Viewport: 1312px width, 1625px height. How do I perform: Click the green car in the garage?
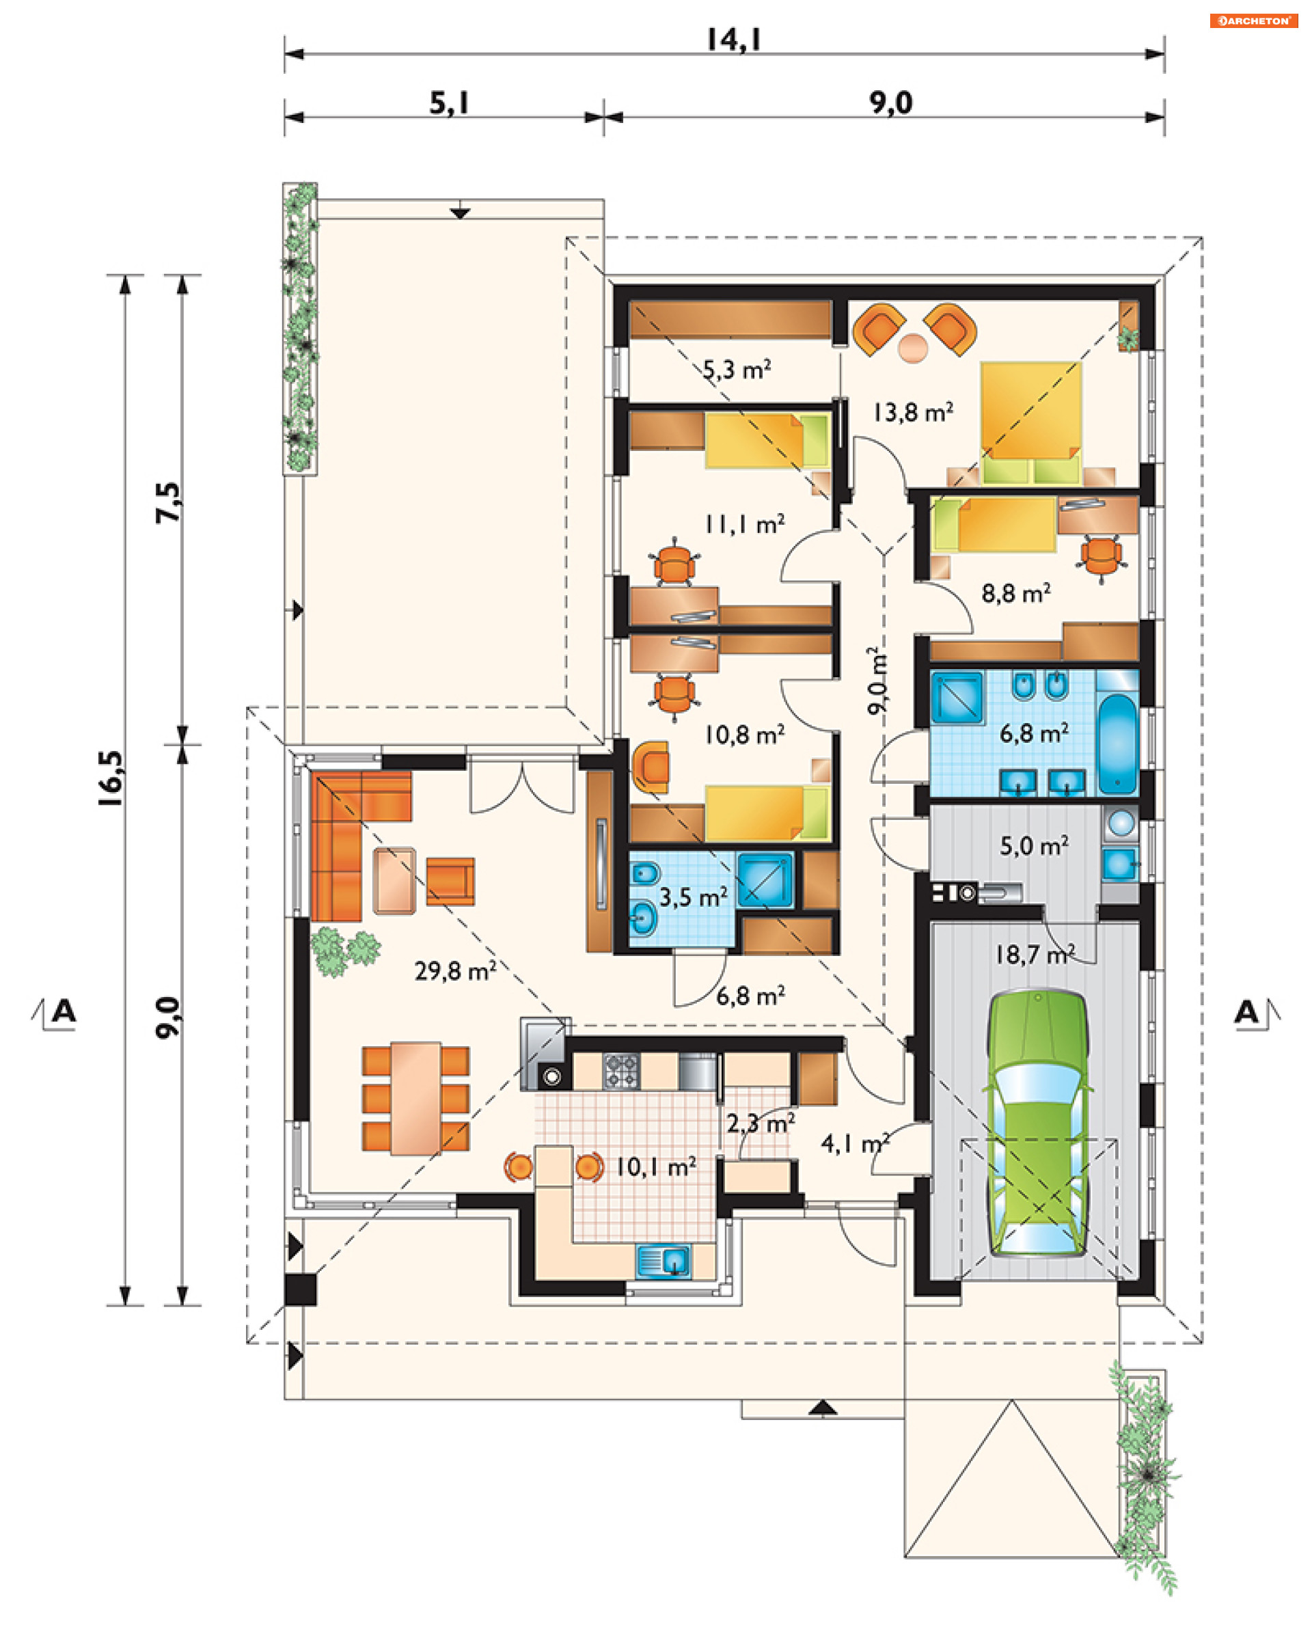point(1038,1124)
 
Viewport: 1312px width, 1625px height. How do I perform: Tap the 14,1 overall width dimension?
point(734,40)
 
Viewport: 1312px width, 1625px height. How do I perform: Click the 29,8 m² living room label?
point(455,970)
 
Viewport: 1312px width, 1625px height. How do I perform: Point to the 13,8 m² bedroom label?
point(913,412)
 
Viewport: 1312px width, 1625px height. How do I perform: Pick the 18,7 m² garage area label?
point(1035,955)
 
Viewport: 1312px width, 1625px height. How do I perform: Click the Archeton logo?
point(1253,21)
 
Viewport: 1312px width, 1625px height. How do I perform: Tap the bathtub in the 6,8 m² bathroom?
point(1118,744)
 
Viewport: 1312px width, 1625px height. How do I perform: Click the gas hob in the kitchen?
point(621,1071)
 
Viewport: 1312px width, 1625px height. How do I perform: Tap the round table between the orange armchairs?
point(913,349)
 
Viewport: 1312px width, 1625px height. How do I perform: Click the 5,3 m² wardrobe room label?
point(737,370)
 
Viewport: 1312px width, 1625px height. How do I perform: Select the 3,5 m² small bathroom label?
point(693,897)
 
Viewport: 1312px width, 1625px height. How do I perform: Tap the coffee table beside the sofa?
point(394,881)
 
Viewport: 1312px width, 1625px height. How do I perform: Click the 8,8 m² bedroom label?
point(1015,593)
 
